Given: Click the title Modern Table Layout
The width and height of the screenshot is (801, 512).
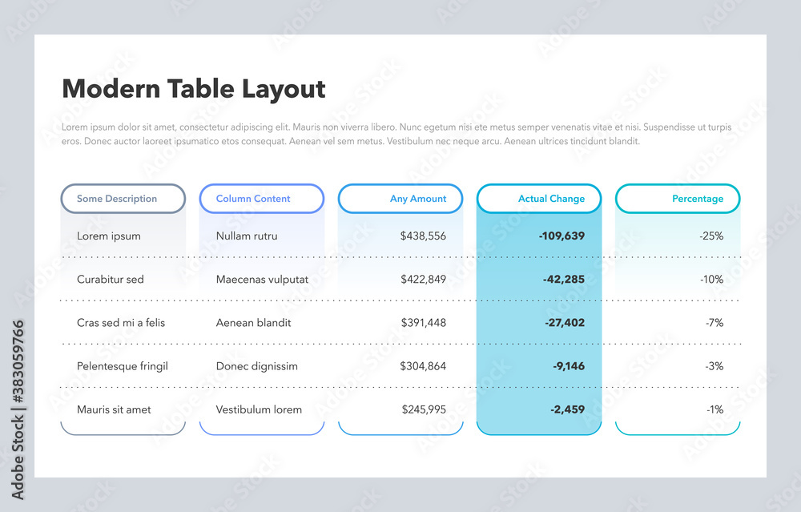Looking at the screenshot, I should [x=193, y=89].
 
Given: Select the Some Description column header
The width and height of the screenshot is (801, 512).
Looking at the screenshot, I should [x=123, y=199].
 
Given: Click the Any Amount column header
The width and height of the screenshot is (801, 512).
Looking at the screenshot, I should [x=400, y=199].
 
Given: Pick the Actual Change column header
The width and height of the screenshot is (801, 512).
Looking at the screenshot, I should [x=539, y=199].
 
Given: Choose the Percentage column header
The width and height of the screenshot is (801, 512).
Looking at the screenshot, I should [x=678, y=199].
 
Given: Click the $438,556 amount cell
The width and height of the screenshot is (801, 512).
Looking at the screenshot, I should [x=423, y=236].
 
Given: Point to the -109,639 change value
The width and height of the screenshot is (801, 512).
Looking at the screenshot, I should [x=562, y=236].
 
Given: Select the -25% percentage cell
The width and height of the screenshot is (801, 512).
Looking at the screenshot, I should [x=710, y=236].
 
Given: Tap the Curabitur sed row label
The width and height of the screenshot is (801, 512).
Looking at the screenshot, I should [x=111, y=280].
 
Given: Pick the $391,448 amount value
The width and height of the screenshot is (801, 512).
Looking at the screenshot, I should [x=423, y=323].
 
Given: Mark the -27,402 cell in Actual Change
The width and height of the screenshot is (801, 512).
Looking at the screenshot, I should [x=565, y=323].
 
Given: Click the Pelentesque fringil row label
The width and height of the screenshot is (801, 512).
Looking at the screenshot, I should [x=123, y=366].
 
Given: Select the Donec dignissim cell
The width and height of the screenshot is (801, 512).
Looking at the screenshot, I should [x=256, y=366].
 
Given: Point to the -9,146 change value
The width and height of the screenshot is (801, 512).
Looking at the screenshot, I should [x=568, y=366].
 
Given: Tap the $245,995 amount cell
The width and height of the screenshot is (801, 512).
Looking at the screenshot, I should [x=424, y=409].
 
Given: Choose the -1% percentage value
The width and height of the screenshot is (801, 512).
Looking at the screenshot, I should [x=714, y=409].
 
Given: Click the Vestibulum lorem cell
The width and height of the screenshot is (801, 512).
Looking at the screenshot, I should [x=259, y=409].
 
